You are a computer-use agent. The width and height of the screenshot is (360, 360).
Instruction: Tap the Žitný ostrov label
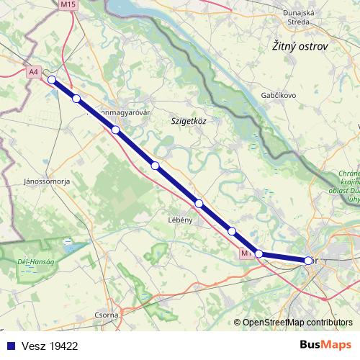(x=300, y=46)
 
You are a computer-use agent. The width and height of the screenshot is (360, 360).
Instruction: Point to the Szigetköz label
(x=189, y=121)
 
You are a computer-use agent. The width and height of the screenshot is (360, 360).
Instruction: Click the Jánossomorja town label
(x=46, y=181)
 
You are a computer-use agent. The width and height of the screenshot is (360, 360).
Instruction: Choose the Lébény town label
(x=179, y=220)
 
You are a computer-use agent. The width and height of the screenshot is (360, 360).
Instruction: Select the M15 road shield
(x=69, y=4)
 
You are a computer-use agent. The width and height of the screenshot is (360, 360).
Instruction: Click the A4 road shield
(x=34, y=72)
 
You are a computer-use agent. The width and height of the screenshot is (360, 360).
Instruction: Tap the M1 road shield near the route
(x=247, y=253)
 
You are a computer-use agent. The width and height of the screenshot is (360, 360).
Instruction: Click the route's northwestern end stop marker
(x=52, y=79)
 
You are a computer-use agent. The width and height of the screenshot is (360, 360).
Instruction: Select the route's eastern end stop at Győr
(x=308, y=261)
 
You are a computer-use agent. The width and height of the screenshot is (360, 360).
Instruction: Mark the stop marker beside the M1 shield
(x=259, y=253)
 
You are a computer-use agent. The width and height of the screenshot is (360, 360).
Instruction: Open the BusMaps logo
(x=325, y=345)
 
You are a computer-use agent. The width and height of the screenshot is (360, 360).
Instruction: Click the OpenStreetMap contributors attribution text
(x=297, y=323)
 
